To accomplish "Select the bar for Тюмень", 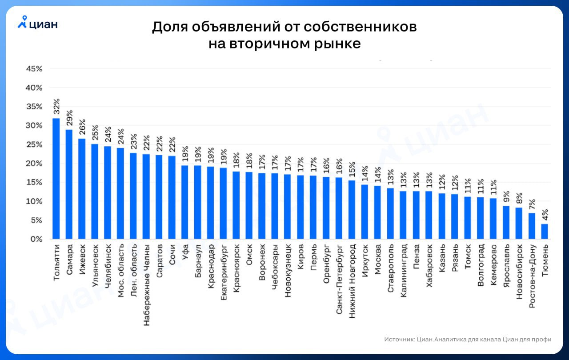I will pos(545,231).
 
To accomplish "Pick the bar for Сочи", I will pos(172,197).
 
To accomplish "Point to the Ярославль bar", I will pos(506,222).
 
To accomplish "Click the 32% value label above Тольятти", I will pos(56,107).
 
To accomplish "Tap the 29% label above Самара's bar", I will pos(69,119).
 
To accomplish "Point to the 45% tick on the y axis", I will pos(34,69).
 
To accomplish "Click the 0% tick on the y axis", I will pos(36,239).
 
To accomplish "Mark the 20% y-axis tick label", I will pos(34,164).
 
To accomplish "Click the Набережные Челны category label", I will pos(146,282).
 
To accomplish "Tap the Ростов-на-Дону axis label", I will pos(532,276).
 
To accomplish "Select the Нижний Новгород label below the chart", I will pos(352,279).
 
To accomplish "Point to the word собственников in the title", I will pos(361,27).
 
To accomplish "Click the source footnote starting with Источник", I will pos(468,340).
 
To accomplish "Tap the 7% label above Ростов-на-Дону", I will pos(532,204).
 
